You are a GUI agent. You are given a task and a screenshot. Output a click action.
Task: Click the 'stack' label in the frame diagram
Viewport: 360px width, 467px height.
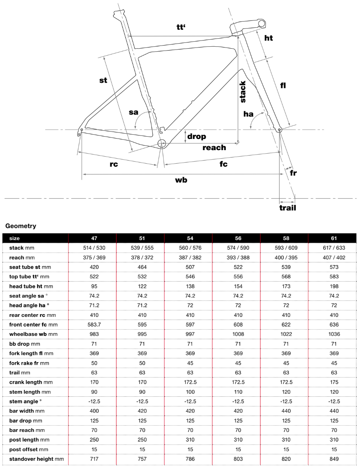click(x=243, y=91)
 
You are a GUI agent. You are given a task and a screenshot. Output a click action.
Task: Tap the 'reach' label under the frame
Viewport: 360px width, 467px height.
click(x=214, y=147)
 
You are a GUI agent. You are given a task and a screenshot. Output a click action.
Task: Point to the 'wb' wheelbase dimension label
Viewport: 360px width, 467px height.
click(x=181, y=180)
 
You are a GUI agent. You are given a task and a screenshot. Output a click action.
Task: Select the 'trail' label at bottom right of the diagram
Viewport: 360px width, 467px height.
click(x=287, y=208)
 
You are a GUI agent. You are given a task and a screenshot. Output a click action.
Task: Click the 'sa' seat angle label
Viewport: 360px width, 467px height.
click(x=134, y=112)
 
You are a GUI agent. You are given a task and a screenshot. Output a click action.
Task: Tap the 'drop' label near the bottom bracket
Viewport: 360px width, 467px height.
click(x=196, y=136)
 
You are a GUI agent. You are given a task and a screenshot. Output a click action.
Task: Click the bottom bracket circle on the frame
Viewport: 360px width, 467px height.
click(x=162, y=144)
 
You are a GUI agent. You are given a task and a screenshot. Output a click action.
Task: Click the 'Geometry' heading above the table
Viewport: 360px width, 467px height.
click(x=21, y=226)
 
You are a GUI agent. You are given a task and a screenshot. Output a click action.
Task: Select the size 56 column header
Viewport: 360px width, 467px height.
click(x=238, y=239)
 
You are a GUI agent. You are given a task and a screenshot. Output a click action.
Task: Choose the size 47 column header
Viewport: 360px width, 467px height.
click(x=94, y=239)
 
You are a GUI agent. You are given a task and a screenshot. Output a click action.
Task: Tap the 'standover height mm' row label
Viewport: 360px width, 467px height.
click(x=36, y=459)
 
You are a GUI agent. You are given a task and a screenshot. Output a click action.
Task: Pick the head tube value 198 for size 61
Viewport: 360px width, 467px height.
click(x=334, y=286)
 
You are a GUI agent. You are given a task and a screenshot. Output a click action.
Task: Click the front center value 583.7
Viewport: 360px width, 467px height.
click(x=94, y=325)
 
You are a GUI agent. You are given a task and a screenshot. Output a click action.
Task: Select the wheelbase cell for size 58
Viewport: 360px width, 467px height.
click(x=286, y=334)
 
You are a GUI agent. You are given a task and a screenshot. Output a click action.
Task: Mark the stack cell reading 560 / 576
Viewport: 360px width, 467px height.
click(x=190, y=248)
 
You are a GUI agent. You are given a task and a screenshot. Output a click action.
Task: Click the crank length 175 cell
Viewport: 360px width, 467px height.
click(x=334, y=382)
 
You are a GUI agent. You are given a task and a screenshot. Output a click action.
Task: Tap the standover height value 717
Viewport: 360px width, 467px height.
click(x=94, y=459)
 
